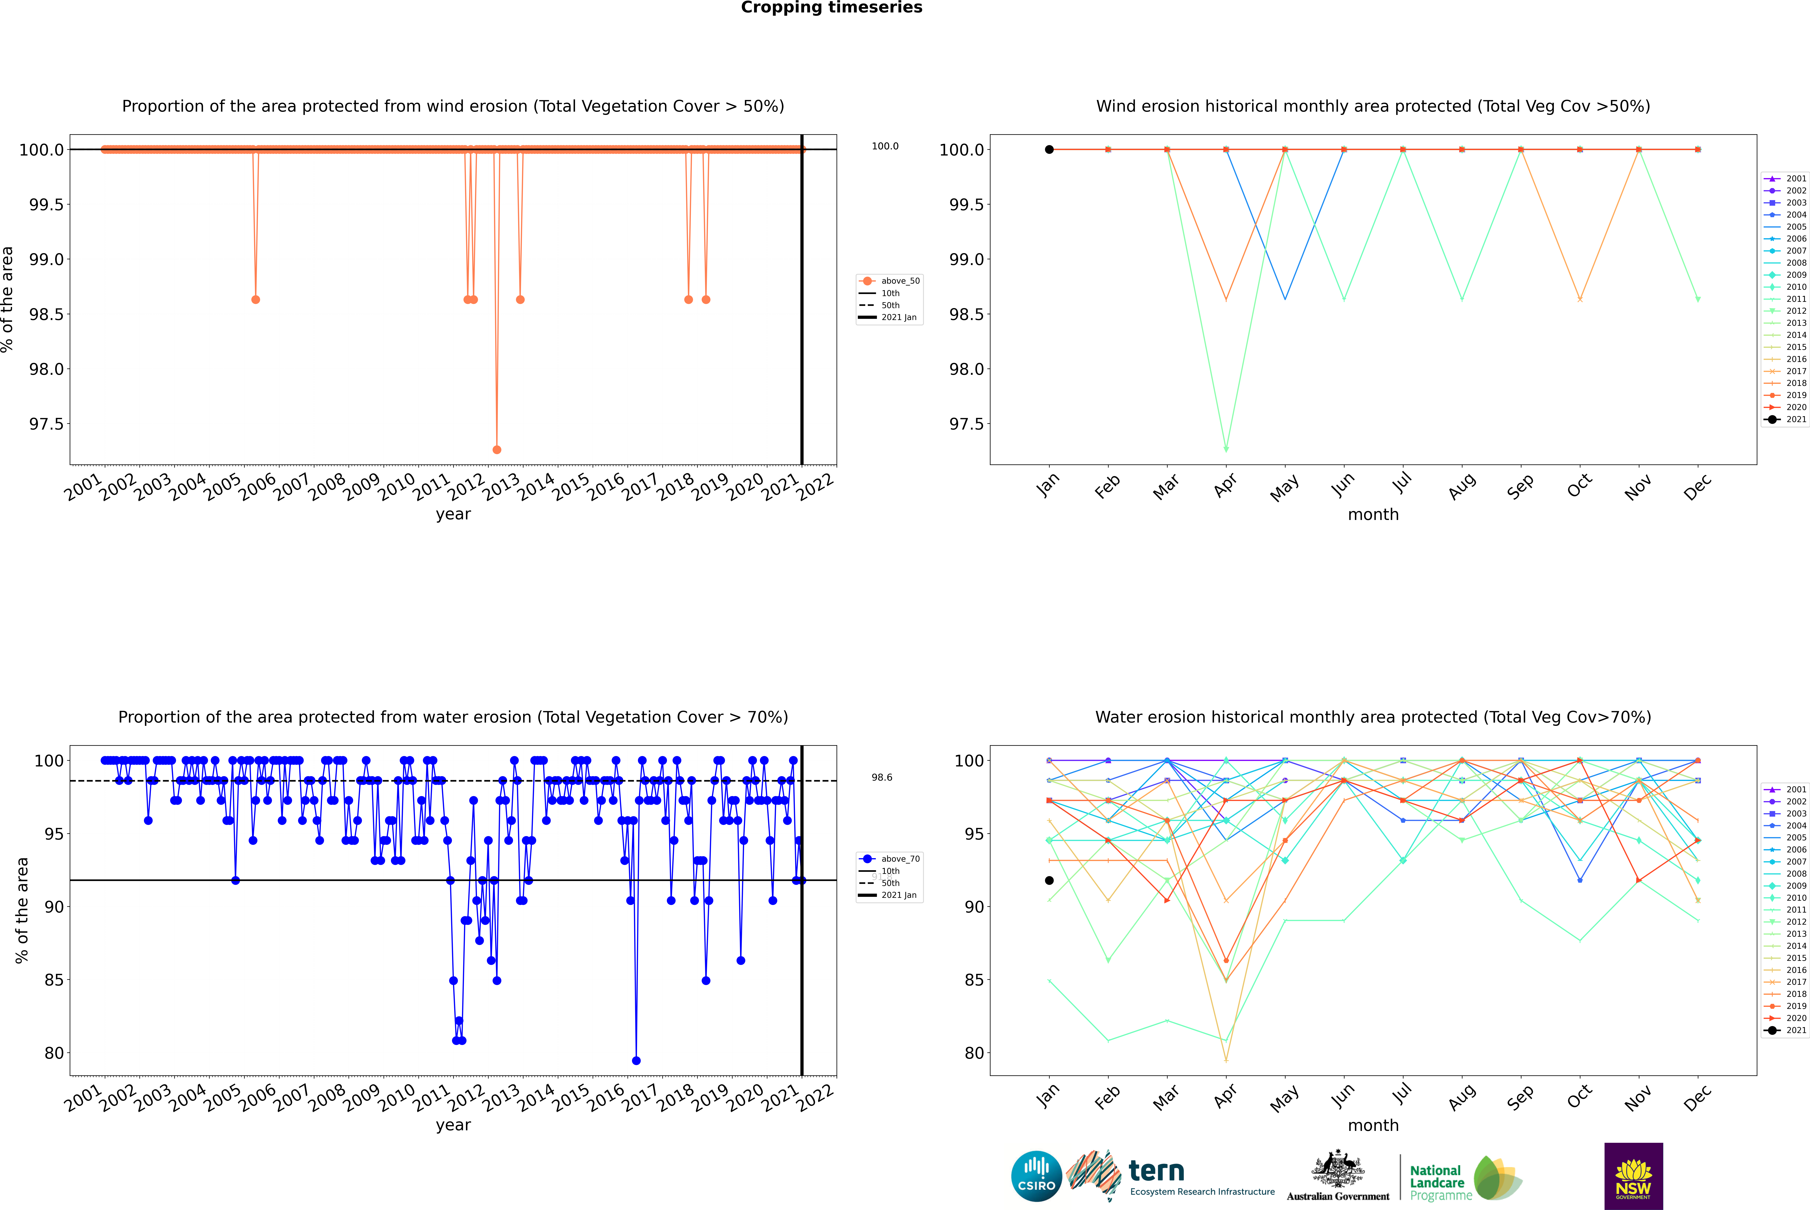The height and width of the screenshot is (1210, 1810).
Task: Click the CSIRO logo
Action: click(x=1036, y=1176)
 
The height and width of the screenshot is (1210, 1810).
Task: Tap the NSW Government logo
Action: click(x=1633, y=1176)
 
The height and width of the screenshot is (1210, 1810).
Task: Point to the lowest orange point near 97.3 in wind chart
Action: click(x=497, y=449)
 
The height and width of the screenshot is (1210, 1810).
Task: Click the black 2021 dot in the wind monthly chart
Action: click(x=1049, y=150)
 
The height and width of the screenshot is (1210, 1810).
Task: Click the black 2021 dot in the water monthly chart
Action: click(x=1049, y=880)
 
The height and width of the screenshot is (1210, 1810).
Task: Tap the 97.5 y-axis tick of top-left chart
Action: click(x=46, y=424)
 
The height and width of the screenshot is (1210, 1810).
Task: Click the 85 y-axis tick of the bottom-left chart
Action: click(x=54, y=980)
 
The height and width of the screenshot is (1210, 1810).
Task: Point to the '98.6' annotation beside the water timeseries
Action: click(x=882, y=777)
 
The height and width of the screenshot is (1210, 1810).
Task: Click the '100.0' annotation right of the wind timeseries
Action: click(x=885, y=146)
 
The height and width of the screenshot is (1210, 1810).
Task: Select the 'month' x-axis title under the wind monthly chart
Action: click(x=1372, y=515)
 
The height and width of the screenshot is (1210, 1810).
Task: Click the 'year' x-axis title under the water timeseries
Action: click(x=453, y=1125)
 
